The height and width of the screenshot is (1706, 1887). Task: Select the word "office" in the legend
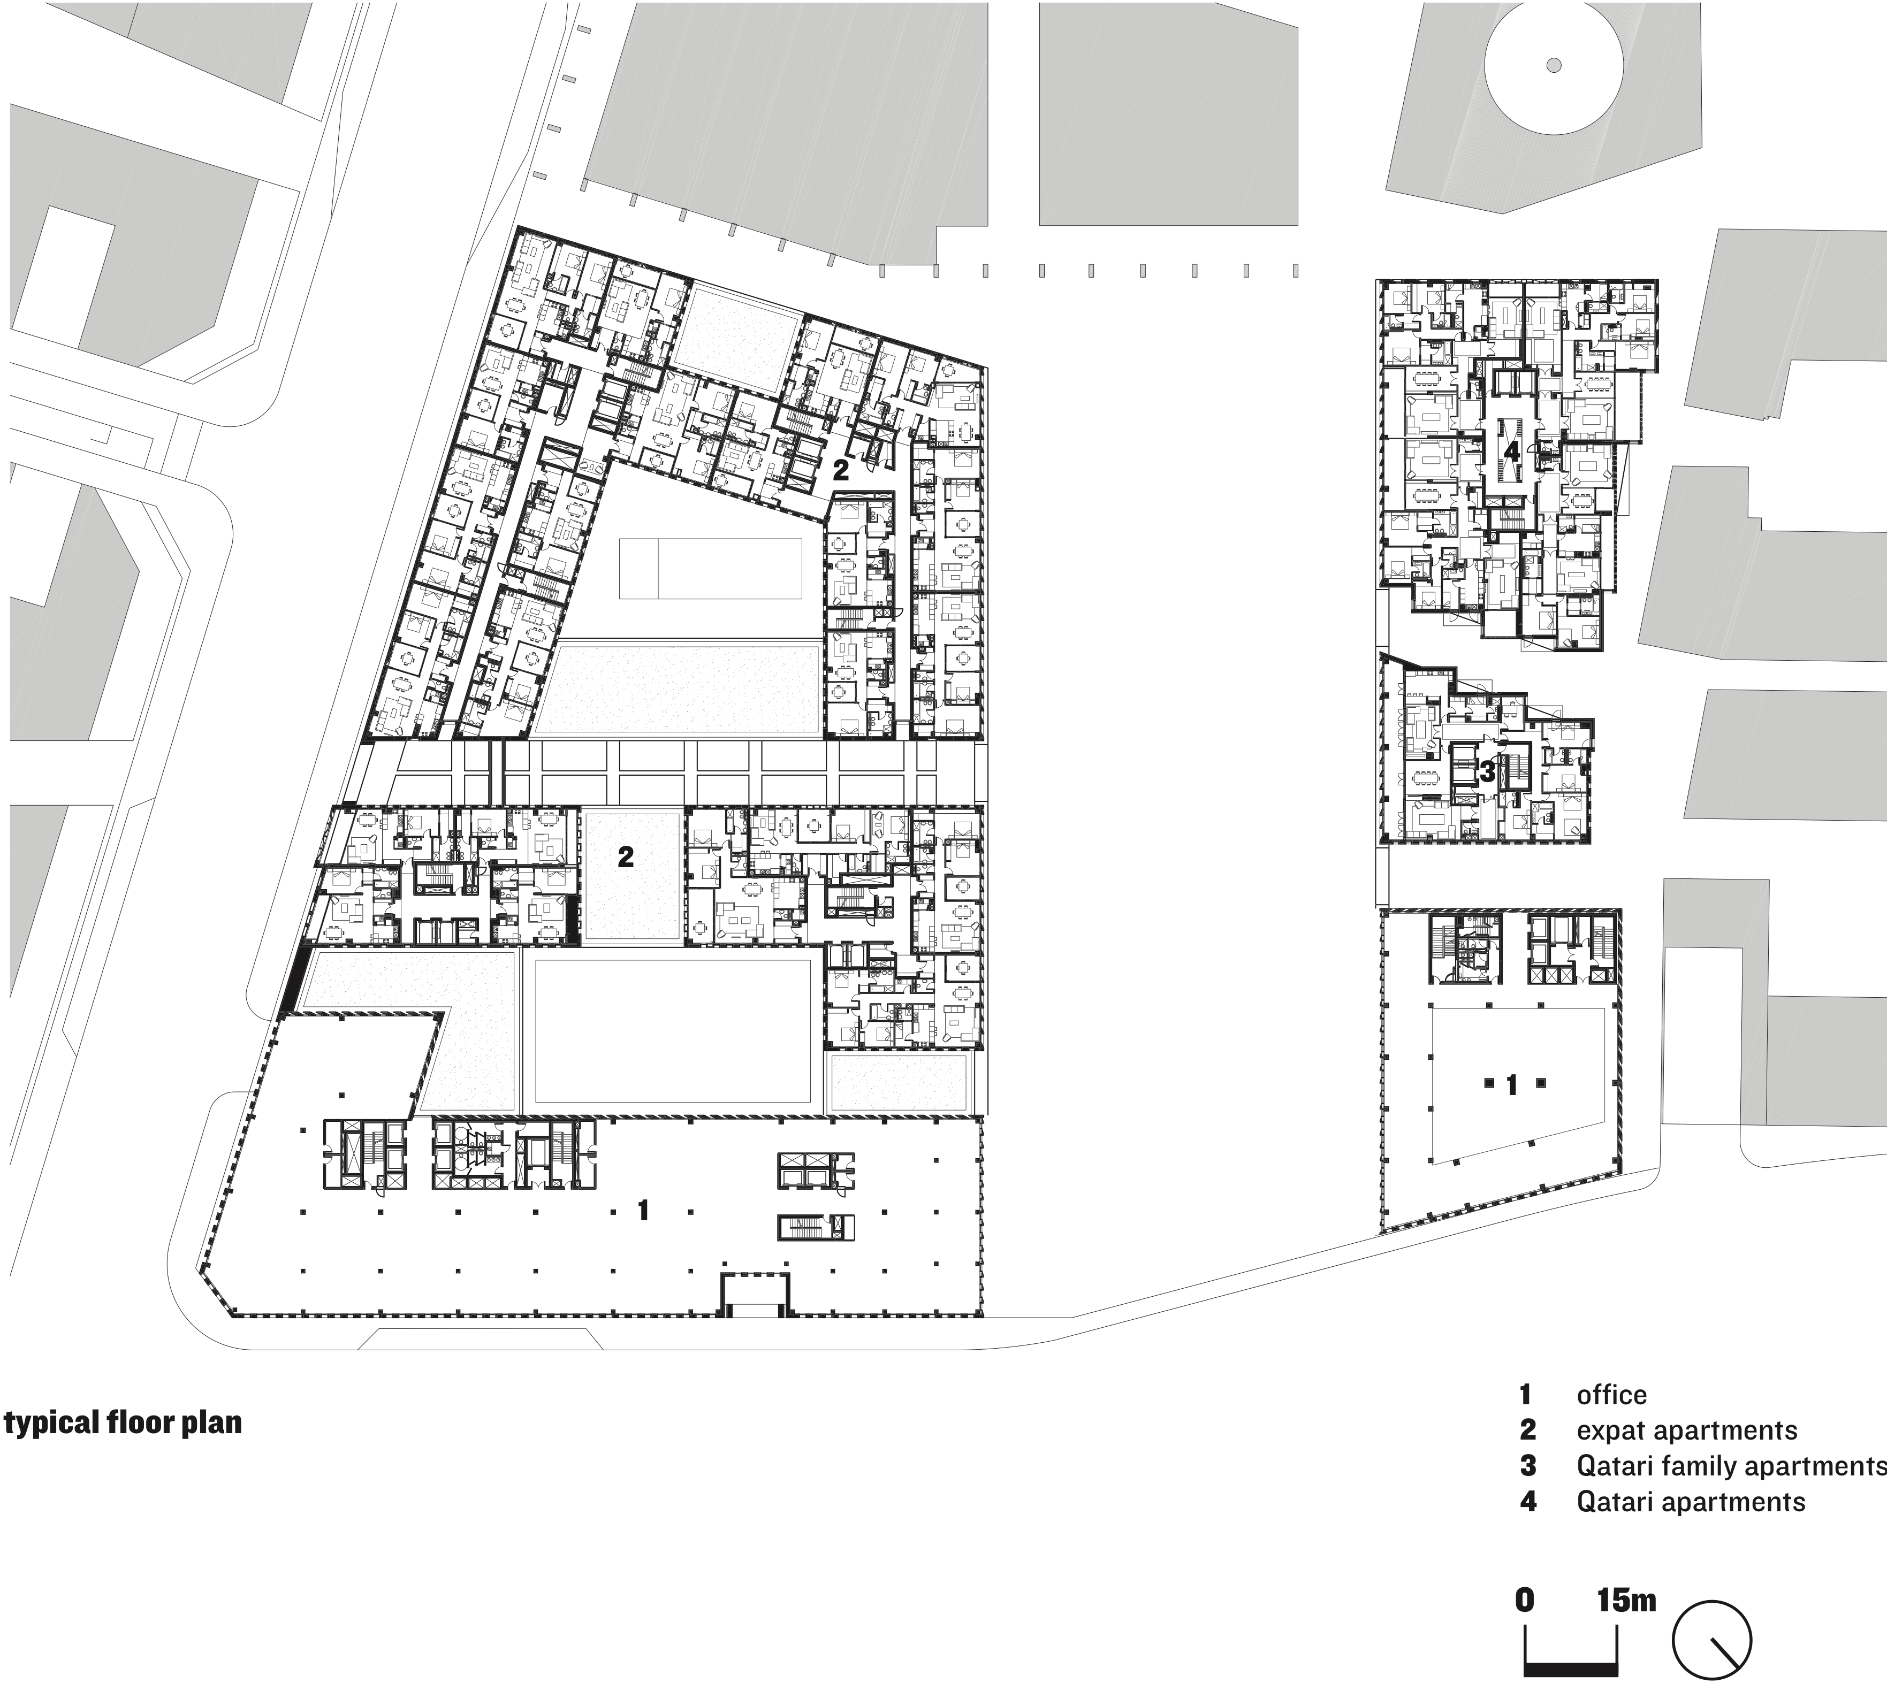[1611, 1395]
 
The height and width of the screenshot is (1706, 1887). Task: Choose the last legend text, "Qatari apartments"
[1691, 1502]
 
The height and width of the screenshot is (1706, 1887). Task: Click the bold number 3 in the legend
[1527, 1466]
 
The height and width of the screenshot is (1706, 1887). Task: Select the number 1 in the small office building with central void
[1512, 1085]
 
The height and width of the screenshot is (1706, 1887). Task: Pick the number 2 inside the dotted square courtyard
[625, 856]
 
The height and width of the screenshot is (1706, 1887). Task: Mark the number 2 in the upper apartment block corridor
[841, 470]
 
